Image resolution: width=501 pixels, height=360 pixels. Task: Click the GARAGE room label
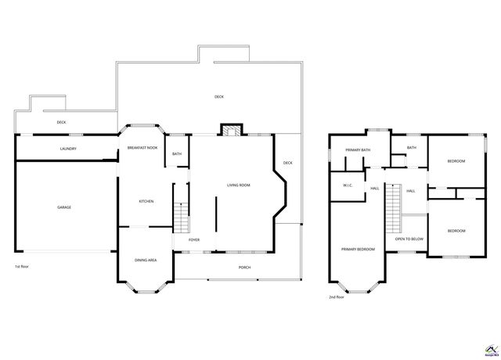[x=64, y=207]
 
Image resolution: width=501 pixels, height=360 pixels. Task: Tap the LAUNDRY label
[x=68, y=148]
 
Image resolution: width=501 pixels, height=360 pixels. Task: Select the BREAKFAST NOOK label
[x=142, y=148]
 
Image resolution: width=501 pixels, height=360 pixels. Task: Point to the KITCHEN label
[x=146, y=201]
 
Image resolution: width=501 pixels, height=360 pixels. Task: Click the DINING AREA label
[x=146, y=260]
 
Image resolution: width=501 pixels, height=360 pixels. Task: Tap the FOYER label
[x=193, y=239]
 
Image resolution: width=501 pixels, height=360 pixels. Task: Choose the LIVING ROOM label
[x=238, y=185]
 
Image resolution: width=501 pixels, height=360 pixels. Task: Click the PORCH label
[x=245, y=268]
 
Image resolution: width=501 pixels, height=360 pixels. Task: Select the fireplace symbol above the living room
[x=229, y=131]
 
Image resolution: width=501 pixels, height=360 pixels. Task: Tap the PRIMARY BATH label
[x=358, y=149]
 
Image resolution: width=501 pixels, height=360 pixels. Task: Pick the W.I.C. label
[x=348, y=185]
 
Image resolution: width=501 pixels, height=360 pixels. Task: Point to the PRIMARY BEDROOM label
[x=358, y=249]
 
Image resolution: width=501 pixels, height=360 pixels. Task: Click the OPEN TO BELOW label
[x=409, y=239]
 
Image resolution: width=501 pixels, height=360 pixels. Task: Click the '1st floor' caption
[x=22, y=267]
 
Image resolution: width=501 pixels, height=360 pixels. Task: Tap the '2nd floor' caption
[x=337, y=297]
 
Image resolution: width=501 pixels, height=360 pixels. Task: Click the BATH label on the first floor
[x=177, y=153]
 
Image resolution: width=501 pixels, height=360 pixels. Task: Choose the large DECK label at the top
[x=219, y=97]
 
